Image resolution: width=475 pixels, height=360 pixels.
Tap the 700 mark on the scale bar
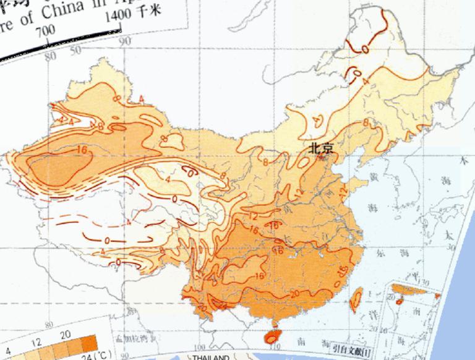46,31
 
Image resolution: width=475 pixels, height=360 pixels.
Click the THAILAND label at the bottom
210,357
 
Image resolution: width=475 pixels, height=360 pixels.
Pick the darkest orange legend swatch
88,343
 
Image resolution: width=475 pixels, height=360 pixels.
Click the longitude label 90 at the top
125,41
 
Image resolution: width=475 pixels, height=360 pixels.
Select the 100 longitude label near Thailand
200,347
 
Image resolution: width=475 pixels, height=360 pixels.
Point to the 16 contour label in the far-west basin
80,150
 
